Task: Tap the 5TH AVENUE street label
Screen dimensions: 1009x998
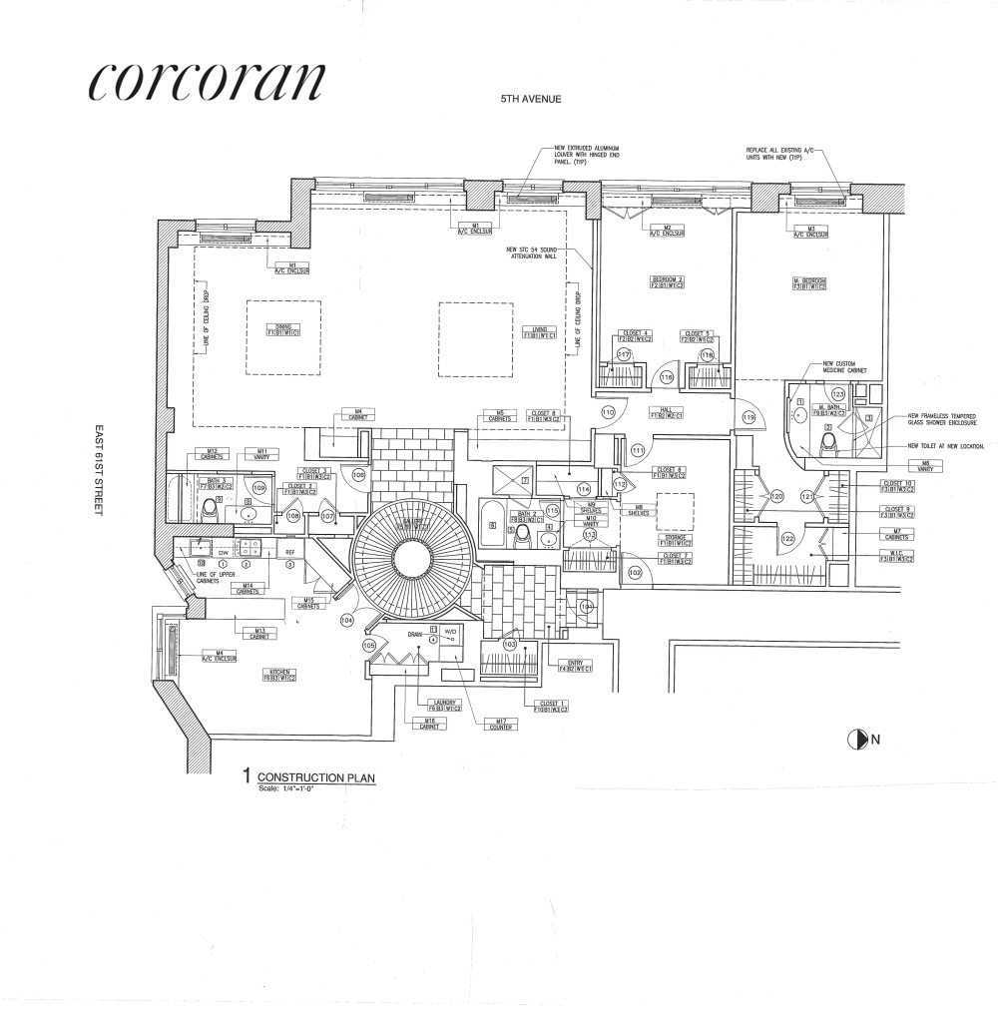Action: (x=534, y=100)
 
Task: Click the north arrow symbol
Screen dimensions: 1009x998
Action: (x=855, y=740)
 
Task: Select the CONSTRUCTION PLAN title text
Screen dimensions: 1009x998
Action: (x=316, y=776)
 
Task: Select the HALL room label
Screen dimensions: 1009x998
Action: (x=663, y=410)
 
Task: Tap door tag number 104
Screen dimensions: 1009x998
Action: (x=347, y=620)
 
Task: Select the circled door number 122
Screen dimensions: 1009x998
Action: (x=788, y=538)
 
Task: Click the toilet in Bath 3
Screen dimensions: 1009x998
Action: (x=211, y=507)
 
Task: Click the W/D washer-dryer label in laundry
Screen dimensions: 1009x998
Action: (x=449, y=632)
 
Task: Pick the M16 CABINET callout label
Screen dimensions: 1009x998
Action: (x=430, y=725)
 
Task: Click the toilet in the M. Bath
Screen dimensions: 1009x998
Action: (x=827, y=442)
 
